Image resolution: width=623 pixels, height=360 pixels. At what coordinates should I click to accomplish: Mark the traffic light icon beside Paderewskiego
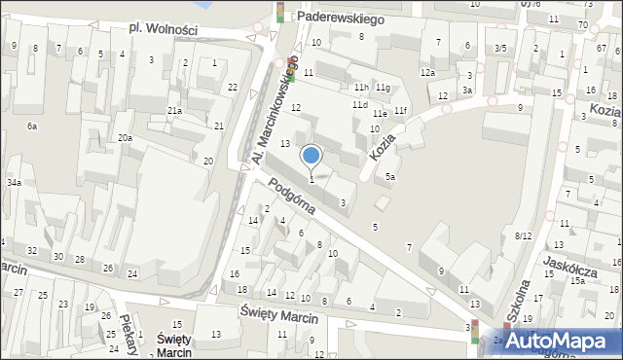tap(281, 12)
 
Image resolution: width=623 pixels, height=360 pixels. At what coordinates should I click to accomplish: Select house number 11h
tap(360, 88)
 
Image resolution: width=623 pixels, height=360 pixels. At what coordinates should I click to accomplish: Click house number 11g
tap(384, 89)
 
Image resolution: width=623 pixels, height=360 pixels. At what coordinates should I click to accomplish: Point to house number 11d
tap(360, 104)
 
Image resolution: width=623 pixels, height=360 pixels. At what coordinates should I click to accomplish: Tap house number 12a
tap(427, 73)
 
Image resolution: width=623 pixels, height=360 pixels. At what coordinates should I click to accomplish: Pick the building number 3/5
tap(500, 48)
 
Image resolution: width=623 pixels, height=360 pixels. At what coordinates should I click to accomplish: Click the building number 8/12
tap(524, 235)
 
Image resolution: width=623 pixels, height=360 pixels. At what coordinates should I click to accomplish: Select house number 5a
tap(389, 177)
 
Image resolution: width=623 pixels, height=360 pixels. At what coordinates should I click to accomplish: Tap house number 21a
tap(174, 111)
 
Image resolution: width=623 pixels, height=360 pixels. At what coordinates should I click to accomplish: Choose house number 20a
tap(126, 138)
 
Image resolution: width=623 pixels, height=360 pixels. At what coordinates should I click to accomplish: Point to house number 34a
tap(14, 182)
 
